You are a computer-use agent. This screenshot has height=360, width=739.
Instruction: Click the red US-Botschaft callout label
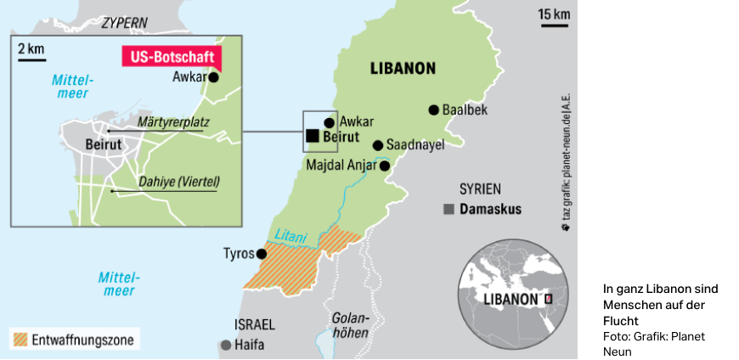(x=171, y=57)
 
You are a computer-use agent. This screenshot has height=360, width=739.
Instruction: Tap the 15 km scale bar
(x=554, y=25)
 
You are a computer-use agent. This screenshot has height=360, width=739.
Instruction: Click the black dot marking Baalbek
(x=434, y=110)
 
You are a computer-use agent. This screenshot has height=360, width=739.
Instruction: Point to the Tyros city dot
(x=262, y=253)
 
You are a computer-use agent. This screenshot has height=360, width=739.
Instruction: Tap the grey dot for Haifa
(x=225, y=345)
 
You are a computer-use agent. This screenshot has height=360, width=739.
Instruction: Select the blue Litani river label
(x=289, y=239)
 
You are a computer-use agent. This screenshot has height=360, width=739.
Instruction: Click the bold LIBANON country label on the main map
(x=403, y=68)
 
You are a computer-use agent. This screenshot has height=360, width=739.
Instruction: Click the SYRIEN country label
(x=480, y=188)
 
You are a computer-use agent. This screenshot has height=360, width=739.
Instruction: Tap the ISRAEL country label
(x=254, y=324)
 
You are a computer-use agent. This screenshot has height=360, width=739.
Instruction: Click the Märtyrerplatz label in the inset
(x=173, y=122)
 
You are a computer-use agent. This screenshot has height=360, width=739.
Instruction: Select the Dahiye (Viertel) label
(x=179, y=181)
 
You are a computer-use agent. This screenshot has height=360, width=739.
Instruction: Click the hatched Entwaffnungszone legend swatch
(x=21, y=340)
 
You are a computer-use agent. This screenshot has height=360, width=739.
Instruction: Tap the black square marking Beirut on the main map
(x=313, y=136)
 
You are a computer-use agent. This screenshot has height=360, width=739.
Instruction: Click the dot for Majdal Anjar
(x=384, y=166)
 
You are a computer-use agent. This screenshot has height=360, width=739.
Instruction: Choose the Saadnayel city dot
(x=378, y=145)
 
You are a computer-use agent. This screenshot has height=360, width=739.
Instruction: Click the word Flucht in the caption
(x=620, y=321)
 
